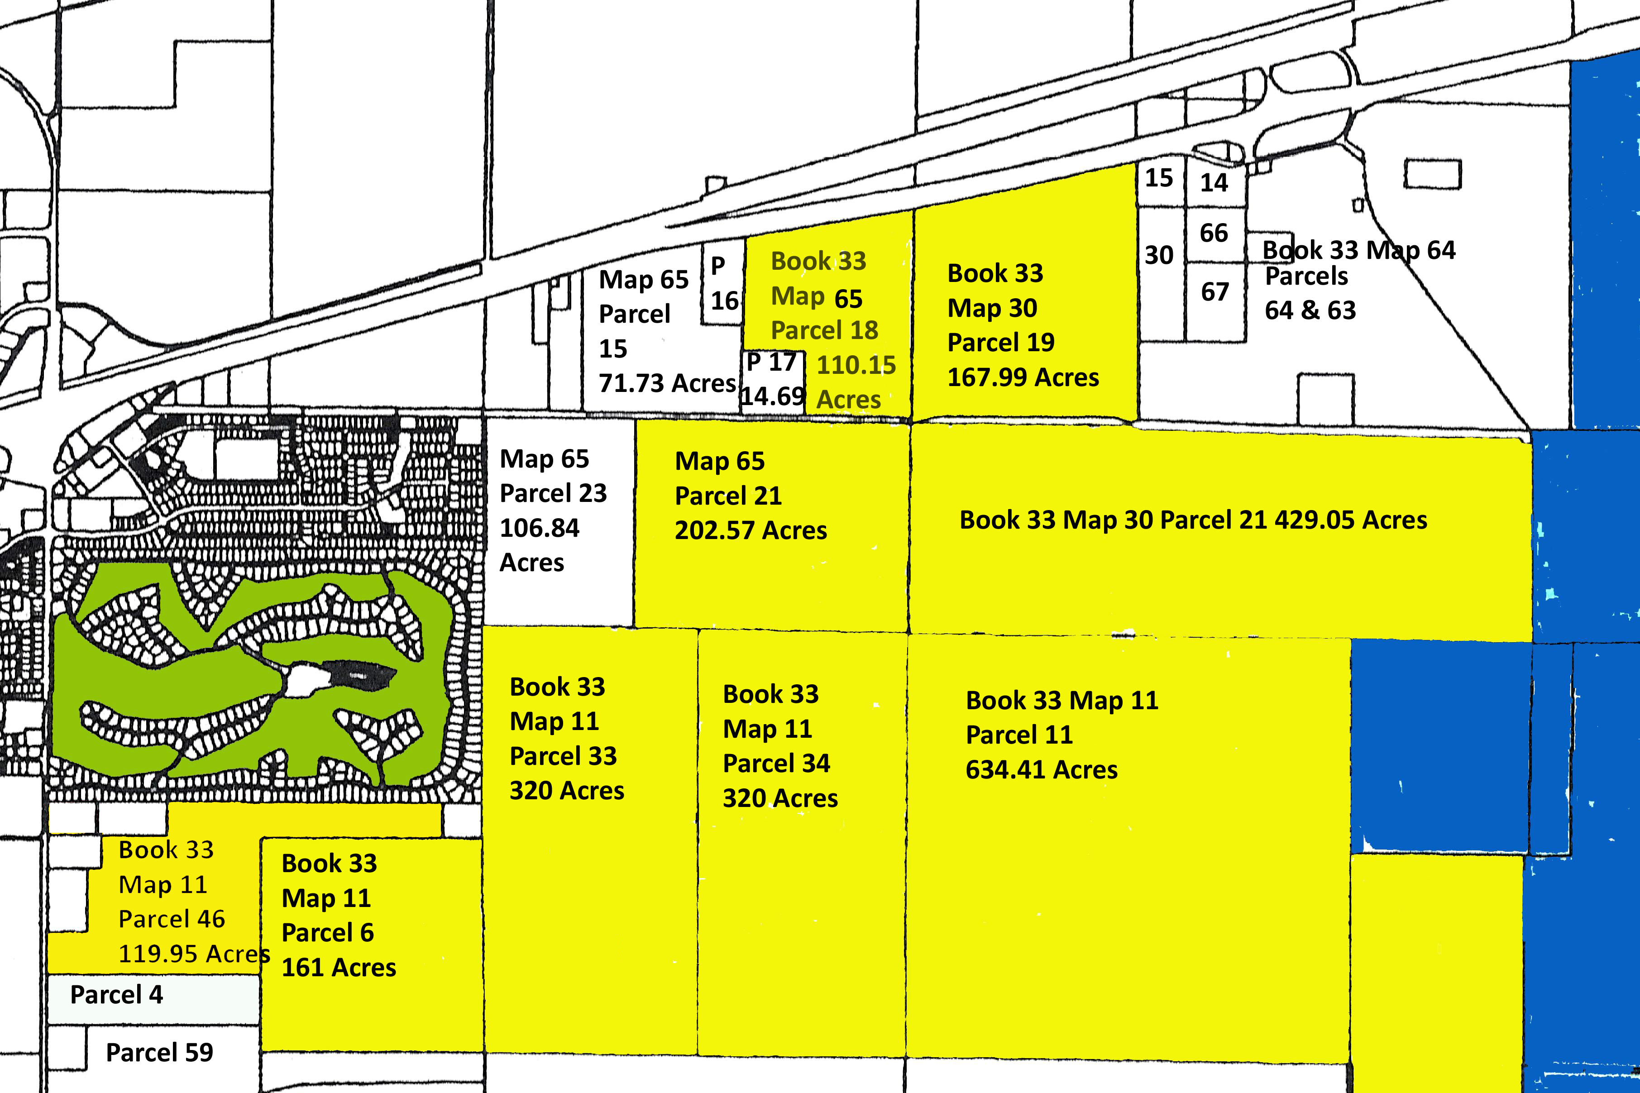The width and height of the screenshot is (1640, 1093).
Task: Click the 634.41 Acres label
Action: [1041, 769]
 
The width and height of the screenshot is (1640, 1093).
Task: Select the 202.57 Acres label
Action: [751, 530]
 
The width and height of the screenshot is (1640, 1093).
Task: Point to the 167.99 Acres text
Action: [1023, 377]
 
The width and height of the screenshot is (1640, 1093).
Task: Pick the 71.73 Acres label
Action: [667, 383]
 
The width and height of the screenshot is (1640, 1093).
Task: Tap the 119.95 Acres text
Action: [194, 953]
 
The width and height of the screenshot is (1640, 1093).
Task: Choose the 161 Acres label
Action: [339, 968]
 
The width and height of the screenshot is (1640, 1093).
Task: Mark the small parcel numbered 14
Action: [1214, 183]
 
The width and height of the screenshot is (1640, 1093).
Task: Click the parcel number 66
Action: [1214, 233]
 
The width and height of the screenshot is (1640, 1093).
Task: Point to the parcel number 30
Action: [1159, 255]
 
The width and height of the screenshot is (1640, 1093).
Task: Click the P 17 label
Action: [771, 362]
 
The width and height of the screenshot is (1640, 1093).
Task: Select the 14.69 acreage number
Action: [772, 396]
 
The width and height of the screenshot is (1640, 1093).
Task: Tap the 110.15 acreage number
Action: [856, 365]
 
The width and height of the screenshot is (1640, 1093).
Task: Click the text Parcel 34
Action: [776, 763]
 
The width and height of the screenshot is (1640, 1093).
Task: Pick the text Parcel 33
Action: [563, 756]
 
